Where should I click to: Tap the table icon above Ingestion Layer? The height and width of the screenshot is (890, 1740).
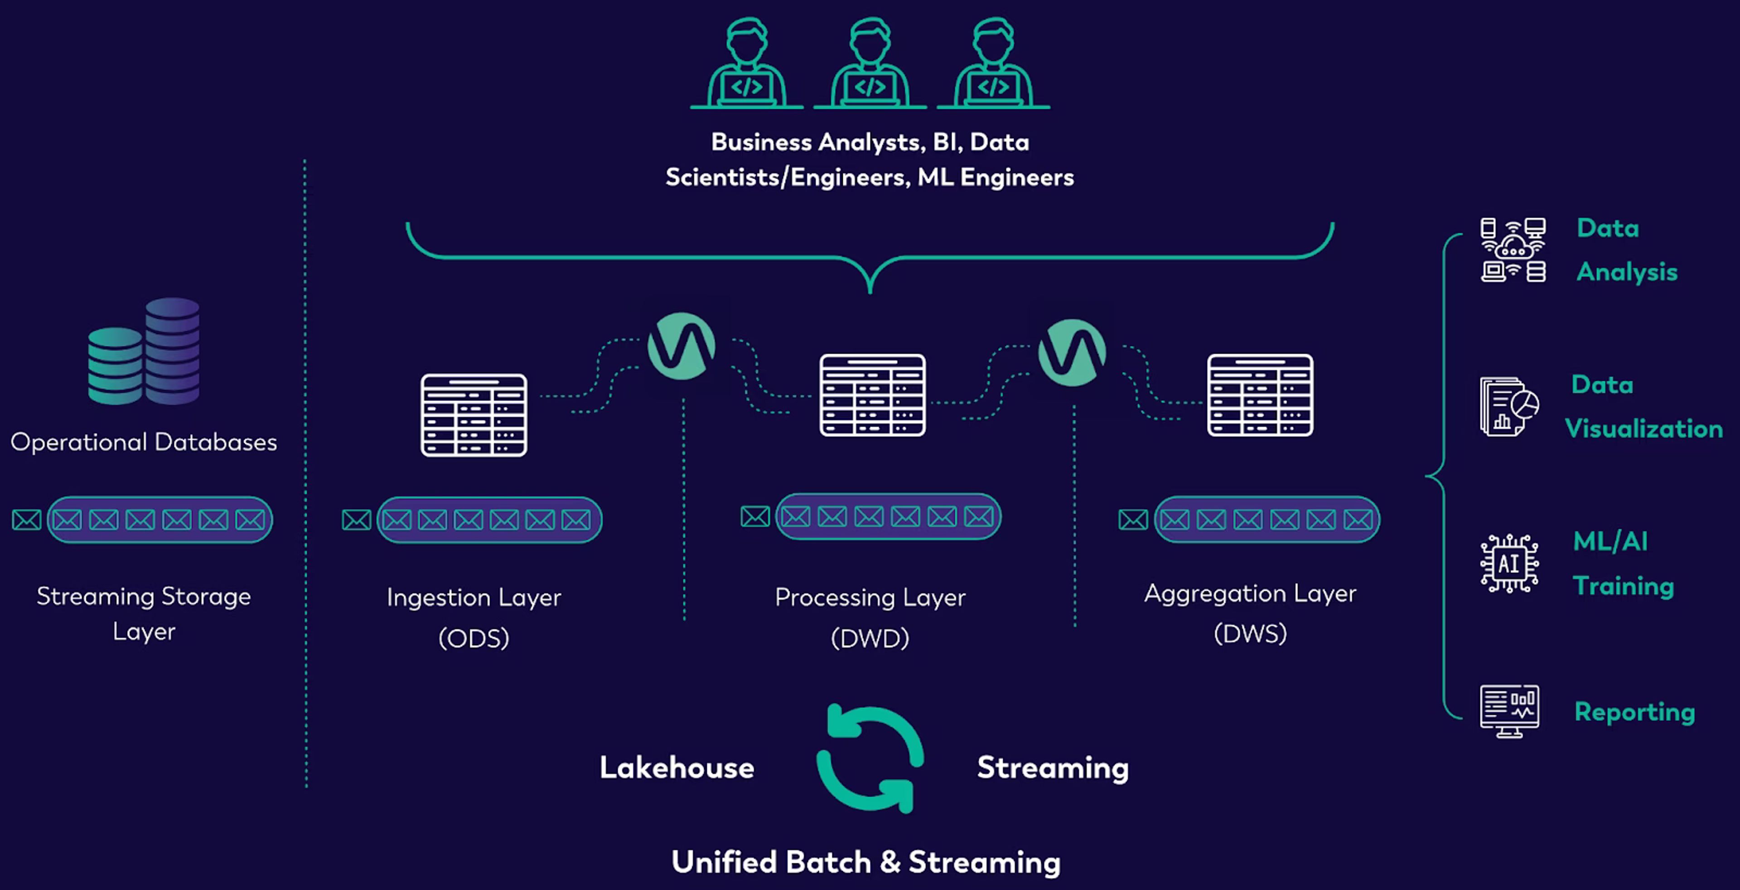pos(474,415)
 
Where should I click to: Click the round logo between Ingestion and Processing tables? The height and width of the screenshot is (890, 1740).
pos(681,345)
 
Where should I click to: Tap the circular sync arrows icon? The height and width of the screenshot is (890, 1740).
pos(870,758)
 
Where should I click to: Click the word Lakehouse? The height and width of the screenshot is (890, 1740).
pos(677,768)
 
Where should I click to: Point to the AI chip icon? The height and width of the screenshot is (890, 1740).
pos(1509,563)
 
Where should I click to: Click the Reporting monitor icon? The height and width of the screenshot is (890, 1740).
pos(1509,711)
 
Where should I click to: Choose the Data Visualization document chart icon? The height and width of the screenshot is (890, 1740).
pos(1509,407)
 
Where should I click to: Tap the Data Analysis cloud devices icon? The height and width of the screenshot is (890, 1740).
pos(1513,249)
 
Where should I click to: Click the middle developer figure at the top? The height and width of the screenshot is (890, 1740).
pos(870,62)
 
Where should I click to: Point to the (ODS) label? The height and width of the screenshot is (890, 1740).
pos(474,638)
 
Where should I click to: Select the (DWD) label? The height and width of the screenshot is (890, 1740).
pos(870,638)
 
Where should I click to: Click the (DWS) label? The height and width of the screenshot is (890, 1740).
pos(1250,634)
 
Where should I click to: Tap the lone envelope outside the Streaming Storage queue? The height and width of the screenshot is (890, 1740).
pos(26,520)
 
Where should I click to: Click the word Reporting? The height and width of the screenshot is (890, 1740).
pos(1634,712)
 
